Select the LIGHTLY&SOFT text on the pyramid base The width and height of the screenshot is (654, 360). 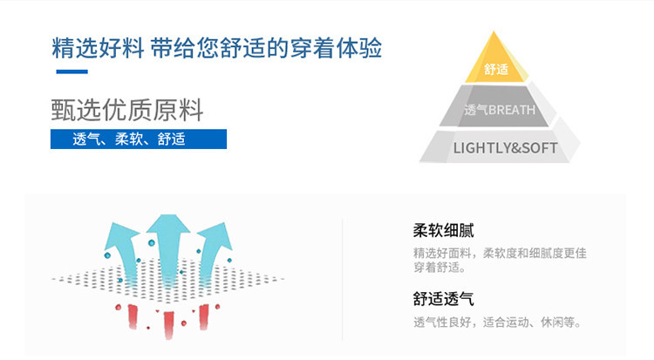505,147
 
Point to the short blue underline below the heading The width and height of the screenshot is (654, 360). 72,71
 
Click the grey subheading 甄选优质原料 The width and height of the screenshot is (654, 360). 127,112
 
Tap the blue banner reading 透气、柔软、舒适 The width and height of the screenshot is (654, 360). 139,139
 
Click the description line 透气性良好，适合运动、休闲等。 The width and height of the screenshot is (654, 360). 497,323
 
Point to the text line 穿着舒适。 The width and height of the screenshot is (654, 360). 439,268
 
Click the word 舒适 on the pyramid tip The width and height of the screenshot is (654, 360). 496,69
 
